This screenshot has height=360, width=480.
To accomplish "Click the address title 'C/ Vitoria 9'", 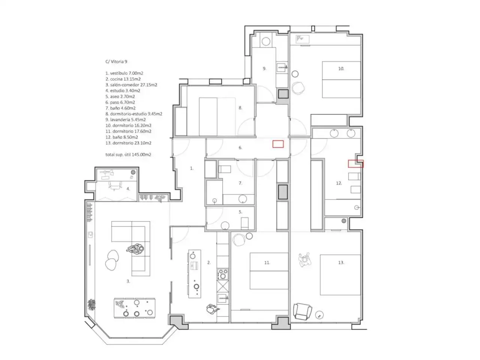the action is coord(116,61).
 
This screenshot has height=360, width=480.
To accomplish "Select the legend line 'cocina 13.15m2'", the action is coord(123,79).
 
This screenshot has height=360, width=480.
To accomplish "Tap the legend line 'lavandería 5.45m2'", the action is coord(126,120).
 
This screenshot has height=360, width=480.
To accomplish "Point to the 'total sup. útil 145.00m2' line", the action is coord(128,154).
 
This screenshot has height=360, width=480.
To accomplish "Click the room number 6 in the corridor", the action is coord(240,148).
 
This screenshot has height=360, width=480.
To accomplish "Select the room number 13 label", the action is coord(341,262).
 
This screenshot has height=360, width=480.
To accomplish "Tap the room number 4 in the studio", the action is coord(128,189).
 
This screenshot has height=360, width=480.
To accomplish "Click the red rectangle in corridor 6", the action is coord(278,144).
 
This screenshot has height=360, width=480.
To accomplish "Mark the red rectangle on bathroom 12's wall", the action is coord(355,164).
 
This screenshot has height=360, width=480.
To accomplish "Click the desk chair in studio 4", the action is coord(115,186).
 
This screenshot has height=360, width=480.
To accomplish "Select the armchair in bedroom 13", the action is coord(302,312).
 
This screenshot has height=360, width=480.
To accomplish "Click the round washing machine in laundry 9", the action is coord(266,41).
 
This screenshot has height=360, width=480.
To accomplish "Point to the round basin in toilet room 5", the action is coord(225,226).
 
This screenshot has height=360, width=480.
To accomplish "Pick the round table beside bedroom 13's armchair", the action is coord(319,315).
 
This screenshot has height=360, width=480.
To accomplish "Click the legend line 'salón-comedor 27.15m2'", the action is coord(131,85).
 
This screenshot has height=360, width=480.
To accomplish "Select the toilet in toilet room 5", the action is coord(244,223).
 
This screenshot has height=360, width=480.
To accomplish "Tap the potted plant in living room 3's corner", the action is coord(91,304).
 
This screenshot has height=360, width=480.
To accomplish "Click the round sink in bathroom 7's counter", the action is coord(243,199).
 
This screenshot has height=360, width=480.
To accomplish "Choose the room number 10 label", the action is coord(341,69).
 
